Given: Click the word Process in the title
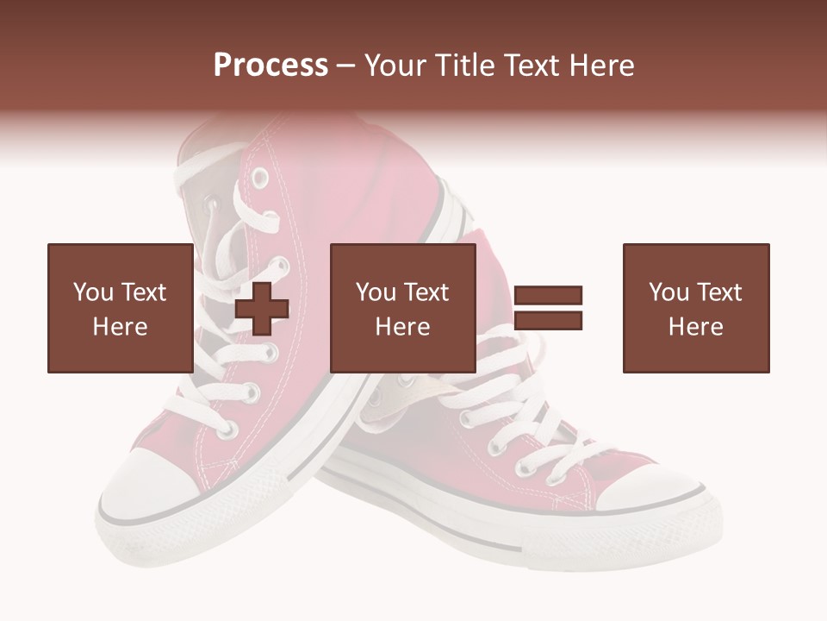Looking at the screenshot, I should tap(270, 66).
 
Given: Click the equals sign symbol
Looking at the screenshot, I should tap(548, 308).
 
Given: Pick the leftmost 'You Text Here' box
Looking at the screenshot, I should tap(121, 308).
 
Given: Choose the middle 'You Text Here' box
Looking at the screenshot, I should tap(403, 308).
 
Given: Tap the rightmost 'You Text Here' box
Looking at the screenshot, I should tap(696, 308).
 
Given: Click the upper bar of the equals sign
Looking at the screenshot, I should tap(548, 296).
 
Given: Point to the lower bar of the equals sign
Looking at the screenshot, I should tap(548, 321).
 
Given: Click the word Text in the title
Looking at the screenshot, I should tap(533, 66).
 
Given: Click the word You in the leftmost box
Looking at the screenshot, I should tap(93, 292).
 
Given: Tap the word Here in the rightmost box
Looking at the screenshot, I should tap(696, 327).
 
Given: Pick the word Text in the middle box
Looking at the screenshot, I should tap(426, 292).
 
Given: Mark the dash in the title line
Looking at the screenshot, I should tap(345, 66).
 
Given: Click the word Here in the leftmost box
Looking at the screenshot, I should tap(121, 327).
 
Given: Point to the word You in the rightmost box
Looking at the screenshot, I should tap(668, 292).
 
